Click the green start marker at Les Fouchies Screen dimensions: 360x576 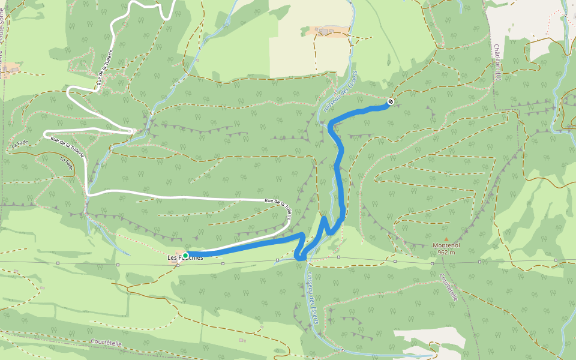[185, 256]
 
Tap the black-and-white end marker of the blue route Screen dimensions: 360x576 [391, 102]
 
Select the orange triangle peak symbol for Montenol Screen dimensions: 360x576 [445, 238]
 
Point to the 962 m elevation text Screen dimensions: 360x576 [445, 253]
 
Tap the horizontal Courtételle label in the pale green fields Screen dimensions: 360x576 [107, 341]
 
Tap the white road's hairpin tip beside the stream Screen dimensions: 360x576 [131, 130]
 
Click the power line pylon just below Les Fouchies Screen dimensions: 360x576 [178, 265]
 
